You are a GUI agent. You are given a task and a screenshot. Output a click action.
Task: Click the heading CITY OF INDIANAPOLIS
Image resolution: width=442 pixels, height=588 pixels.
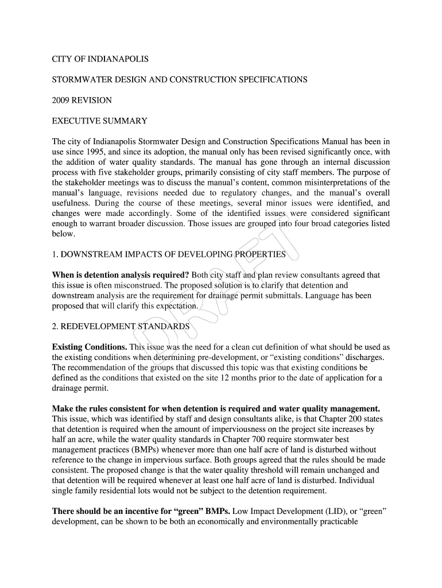(100, 59)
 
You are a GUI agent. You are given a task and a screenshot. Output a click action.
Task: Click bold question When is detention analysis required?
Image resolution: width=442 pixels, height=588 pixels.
(119, 275)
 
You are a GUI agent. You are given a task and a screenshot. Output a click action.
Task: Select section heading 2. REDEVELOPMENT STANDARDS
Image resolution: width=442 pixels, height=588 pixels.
(121, 326)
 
